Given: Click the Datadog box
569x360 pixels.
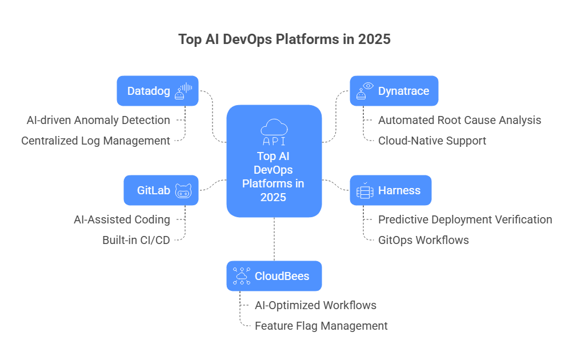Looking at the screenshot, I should (x=157, y=91).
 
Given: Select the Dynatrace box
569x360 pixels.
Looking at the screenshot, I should (x=394, y=91).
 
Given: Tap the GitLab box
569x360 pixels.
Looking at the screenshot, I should (x=161, y=190).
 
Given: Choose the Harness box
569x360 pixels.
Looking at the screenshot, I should (x=390, y=190).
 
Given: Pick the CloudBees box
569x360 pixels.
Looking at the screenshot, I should (x=274, y=276).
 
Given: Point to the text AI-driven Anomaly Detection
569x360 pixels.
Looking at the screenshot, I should (x=98, y=120).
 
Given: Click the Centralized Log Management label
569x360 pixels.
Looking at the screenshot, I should (x=95, y=141).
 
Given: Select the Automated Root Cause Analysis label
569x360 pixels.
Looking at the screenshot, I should (x=460, y=120).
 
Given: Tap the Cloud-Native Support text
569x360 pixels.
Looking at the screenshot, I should (x=432, y=141).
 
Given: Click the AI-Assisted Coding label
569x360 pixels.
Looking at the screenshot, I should (x=122, y=219).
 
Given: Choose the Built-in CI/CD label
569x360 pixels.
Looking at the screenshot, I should (x=136, y=240).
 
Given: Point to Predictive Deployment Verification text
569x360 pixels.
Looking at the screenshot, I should (x=465, y=219).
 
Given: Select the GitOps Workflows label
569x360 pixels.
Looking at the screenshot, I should (x=423, y=240).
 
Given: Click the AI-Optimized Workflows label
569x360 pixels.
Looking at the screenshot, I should (x=315, y=305).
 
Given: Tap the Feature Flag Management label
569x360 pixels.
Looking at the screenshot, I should (x=321, y=326).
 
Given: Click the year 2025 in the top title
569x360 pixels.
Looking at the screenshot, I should (x=375, y=39).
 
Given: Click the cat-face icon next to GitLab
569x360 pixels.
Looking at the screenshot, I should (x=183, y=190).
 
